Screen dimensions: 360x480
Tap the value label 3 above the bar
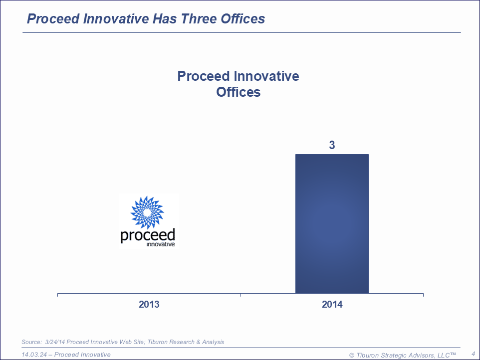click(332, 146)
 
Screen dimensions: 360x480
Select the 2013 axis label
click(149, 304)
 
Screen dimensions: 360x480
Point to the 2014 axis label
click(332, 304)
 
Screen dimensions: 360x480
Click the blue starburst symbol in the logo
click(147, 213)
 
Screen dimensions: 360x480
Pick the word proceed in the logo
click(148, 235)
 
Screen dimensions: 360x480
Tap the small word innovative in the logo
click(161, 244)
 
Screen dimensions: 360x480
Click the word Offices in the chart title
click(238, 92)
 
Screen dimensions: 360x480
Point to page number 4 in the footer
click(473, 354)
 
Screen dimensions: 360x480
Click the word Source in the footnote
click(31, 342)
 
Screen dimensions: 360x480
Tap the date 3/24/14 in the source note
click(54, 342)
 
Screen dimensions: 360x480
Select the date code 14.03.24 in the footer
click(34, 355)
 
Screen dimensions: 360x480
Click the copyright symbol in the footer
click(352, 355)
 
